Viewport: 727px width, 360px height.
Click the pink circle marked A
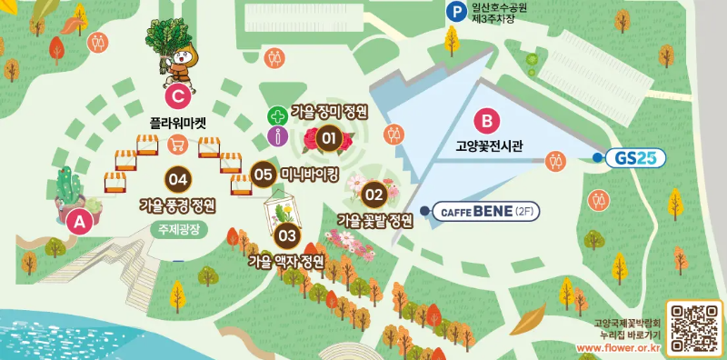(79, 220)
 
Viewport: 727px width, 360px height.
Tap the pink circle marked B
(486, 119)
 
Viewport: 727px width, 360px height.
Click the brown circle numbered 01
(329, 139)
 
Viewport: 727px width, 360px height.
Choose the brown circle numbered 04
(179, 178)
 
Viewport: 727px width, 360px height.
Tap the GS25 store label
(629, 158)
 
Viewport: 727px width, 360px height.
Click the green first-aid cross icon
(275, 116)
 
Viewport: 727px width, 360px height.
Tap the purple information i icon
(276, 136)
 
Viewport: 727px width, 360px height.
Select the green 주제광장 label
(183, 228)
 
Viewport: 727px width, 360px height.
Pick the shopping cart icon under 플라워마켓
(178, 142)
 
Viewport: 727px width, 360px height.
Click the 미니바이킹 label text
(310, 173)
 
